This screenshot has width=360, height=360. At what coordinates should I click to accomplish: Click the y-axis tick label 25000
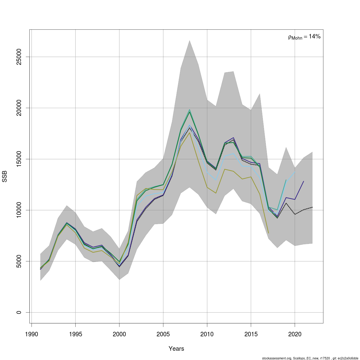19,57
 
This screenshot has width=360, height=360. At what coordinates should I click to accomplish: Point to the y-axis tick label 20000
19,108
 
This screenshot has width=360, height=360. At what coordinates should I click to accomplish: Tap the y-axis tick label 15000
19,159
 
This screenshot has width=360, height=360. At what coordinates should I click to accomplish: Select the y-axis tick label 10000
19,210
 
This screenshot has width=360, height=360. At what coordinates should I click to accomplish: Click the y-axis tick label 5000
19,261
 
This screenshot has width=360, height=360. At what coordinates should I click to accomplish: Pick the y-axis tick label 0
19,312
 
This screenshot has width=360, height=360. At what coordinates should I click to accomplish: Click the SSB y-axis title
5,176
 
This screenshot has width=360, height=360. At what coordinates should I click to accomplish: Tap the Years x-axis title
176,349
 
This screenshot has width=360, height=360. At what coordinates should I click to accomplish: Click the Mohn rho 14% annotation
304,37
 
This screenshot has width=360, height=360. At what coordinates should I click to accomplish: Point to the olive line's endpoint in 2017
268,233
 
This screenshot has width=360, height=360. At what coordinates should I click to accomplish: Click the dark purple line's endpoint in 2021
304,181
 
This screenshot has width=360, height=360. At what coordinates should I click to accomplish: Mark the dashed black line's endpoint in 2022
312,207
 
